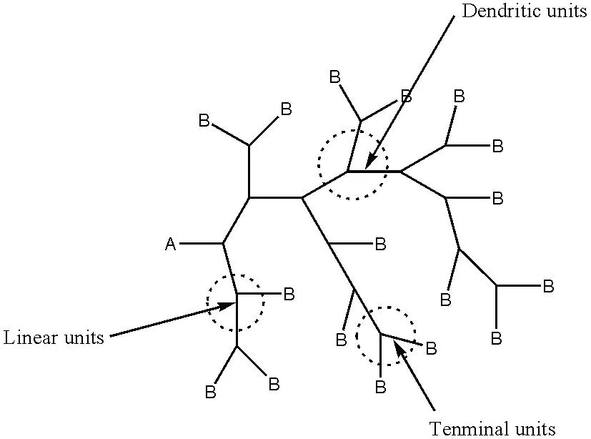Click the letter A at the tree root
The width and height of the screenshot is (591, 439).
click(170, 245)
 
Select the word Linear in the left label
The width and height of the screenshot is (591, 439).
click(31, 337)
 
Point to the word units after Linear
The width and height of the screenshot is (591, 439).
click(84, 337)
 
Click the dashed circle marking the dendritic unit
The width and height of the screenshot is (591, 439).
click(319, 165)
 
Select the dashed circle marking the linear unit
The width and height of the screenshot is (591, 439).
click(207, 303)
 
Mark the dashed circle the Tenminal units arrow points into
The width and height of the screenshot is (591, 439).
click(357, 335)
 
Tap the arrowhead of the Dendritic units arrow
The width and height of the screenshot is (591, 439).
click(371, 162)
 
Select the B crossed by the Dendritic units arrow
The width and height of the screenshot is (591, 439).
click(407, 96)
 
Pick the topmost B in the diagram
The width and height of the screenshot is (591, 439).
click(334, 77)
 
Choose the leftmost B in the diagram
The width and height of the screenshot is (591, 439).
click(204, 121)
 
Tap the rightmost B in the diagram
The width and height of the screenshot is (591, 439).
click(548, 286)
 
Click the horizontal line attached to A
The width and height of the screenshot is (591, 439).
click(201, 244)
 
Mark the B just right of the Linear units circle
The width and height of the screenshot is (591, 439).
click(289, 294)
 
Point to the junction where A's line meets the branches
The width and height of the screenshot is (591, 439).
click(223, 244)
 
